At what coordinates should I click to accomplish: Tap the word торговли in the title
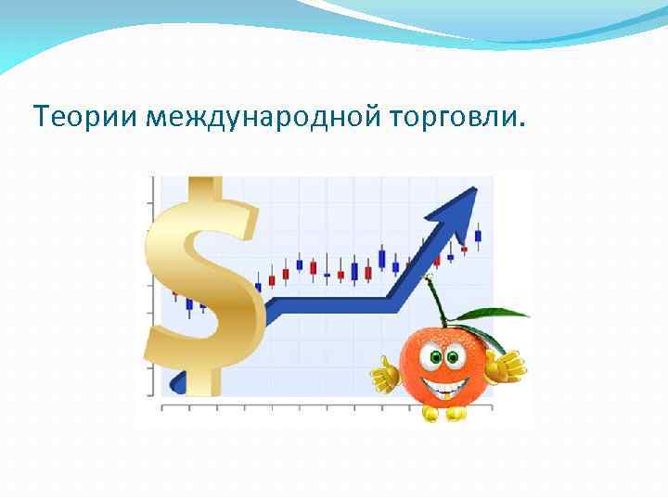coord(444,118)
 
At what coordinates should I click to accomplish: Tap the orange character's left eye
coord(430,356)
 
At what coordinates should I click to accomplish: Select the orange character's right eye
coord(453,356)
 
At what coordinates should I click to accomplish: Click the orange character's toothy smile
coord(444,382)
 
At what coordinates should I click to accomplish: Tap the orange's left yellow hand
coord(383,374)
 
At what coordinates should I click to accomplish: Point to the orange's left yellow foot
coord(430,415)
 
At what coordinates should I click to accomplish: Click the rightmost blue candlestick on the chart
coord(478,236)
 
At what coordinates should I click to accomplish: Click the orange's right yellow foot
coord(456,414)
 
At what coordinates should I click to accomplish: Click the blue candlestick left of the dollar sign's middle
coord(189,303)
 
